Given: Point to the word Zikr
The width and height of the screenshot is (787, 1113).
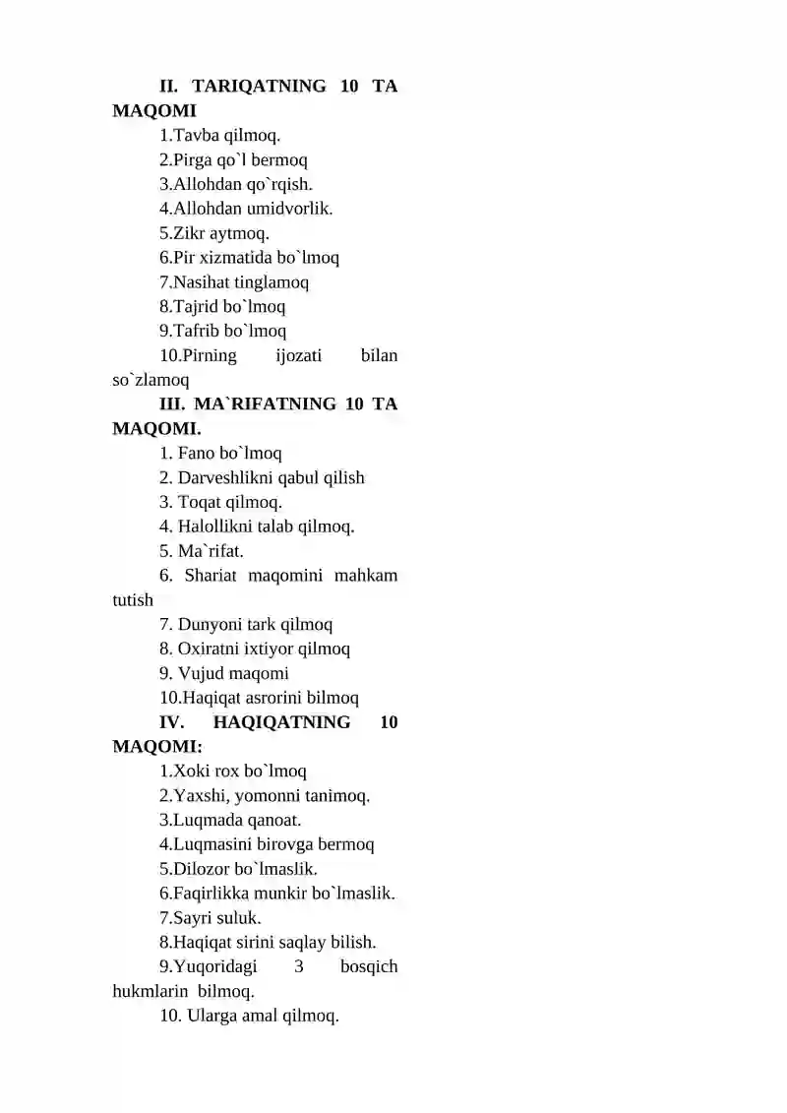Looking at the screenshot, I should (192, 233).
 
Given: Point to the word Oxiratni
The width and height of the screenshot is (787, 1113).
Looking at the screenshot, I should (212, 649).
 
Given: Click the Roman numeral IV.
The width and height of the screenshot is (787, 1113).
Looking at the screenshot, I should (172, 722).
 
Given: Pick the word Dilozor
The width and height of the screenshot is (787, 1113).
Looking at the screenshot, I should (205, 869).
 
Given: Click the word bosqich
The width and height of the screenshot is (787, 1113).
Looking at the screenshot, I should (369, 966).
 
